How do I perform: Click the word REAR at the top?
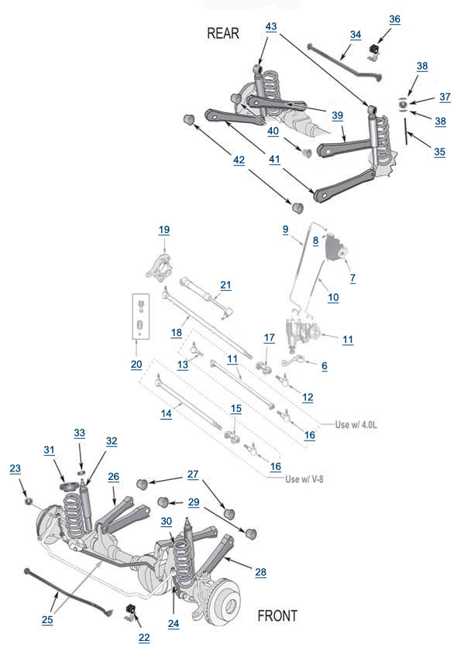(223, 33)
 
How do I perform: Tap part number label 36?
(394, 19)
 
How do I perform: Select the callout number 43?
(271, 27)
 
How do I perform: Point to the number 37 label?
(445, 97)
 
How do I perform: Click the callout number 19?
(163, 230)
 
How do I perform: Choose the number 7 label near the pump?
(352, 277)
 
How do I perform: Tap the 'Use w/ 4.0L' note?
(357, 424)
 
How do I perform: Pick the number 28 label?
(260, 571)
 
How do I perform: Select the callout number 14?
(166, 413)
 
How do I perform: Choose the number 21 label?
(225, 285)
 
